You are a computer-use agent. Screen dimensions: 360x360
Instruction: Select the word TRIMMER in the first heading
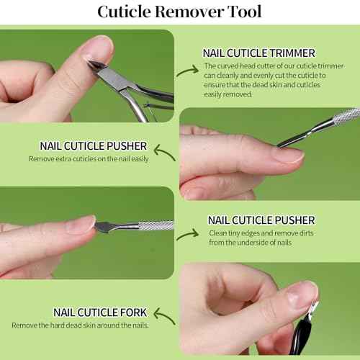pos(295,53)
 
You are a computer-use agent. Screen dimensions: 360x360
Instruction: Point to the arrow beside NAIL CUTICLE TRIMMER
pos(187,69)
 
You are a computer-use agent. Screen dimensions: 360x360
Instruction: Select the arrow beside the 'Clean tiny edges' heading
pos(188,235)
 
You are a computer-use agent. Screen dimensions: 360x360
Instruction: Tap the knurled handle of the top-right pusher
pos(344,115)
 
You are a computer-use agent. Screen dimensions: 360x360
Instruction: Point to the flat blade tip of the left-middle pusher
pos(101,226)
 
